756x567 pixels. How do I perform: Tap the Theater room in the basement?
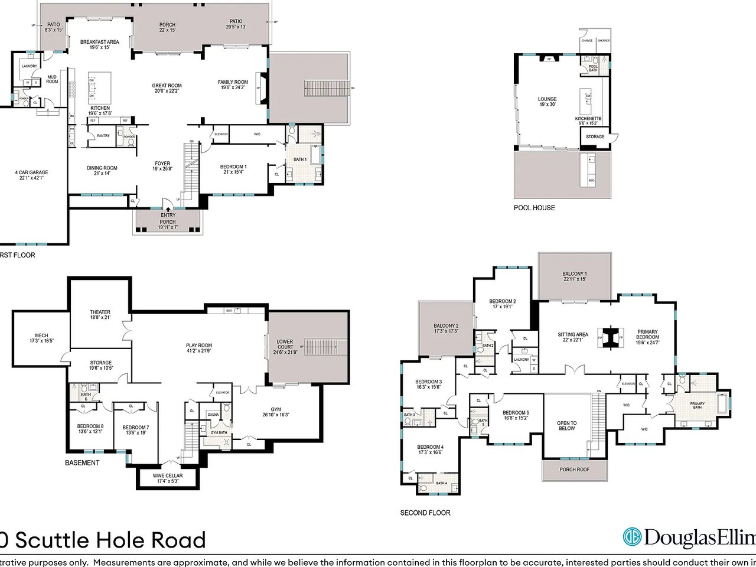(100, 315)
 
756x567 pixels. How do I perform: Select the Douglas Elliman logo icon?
(632, 537)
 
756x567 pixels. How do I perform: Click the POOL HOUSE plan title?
(534, 208)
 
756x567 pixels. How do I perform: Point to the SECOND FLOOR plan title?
(425, 513)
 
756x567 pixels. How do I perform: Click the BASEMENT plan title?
(82, 463)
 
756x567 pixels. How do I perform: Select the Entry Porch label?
(168, 219)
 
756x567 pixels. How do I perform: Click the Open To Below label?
(566, 425)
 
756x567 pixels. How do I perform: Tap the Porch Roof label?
(574, 470)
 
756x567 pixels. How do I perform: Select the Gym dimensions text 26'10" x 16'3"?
(276, 415)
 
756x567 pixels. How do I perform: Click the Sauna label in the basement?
(213, 415)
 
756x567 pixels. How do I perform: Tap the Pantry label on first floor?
(103, 136)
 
